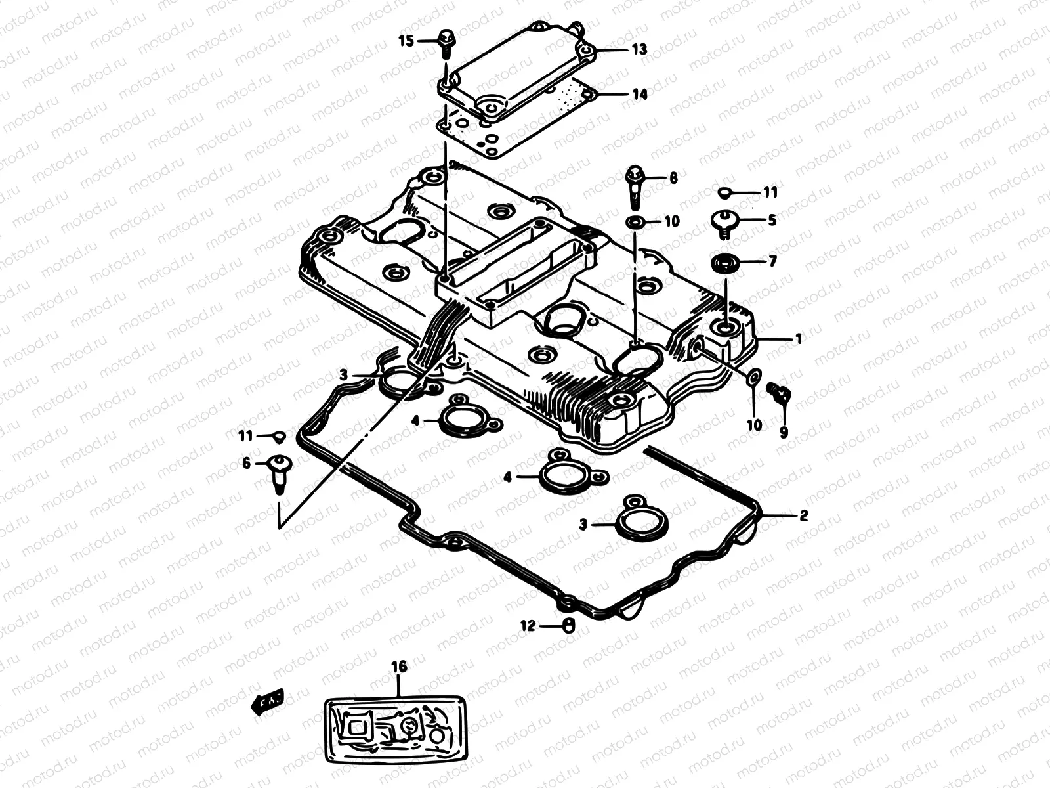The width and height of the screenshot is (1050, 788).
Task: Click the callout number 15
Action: tap(406, 41)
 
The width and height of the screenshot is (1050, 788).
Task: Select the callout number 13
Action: tap(639, 49)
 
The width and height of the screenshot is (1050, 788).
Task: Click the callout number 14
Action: tap(639, 95)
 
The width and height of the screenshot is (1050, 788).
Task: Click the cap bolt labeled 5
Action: tap(723, 223)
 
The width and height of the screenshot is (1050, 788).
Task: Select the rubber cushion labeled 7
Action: tap(724, 263)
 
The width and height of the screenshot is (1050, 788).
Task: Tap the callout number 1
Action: tap(798, 339)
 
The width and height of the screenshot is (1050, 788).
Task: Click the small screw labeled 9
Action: tap(780, 392)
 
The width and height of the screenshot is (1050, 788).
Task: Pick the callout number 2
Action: tap(803, 515)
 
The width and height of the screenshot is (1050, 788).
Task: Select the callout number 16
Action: tap(399, 667)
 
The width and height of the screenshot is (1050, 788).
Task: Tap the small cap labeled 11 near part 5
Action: tap(725, 192)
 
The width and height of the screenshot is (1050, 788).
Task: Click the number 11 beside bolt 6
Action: tap(245, 435)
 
